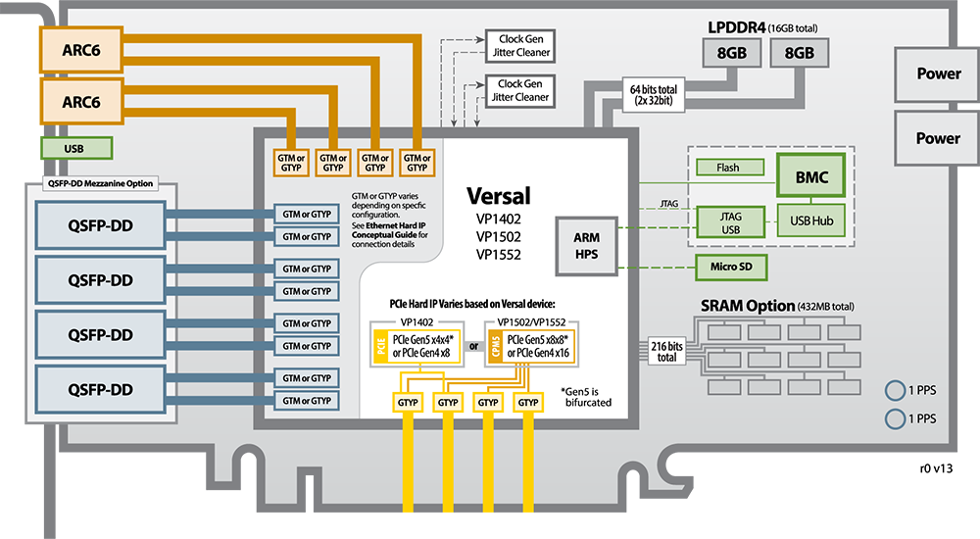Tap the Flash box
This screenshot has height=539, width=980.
click(x=727, y=168)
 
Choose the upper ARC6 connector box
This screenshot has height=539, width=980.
click(x=81, y=50)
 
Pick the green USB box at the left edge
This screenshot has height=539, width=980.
click(x=74, y=149)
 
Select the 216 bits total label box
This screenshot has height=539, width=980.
click(x=666, y=351)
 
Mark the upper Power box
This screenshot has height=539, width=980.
click(x=938, y=73)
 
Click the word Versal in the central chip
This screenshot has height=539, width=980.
click(x=500, y=195)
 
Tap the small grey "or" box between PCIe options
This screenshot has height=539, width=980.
click(x=472, y=346)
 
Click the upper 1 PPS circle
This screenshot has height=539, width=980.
click(x=894, y=389)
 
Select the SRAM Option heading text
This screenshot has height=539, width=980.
click(x=743, y=306)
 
